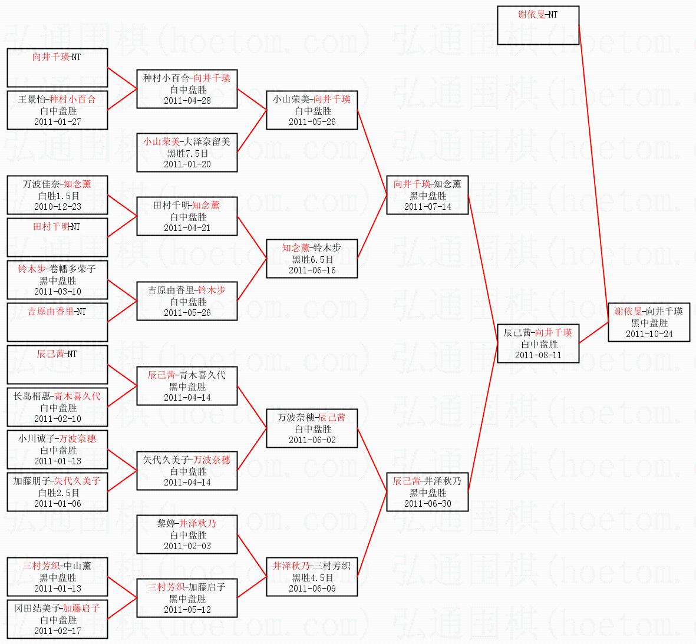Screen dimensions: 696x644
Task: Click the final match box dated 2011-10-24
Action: pyautogui.click(x=649, y=322)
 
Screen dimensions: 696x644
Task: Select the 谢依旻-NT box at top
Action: pyautogui.click(x=538, y=25)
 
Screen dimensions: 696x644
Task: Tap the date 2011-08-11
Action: pyautogui.click(x=538, y=355)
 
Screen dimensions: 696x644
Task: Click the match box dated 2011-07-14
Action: pyautogui.click(x=427, y=195)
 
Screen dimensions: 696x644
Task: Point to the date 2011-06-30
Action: pyautogui.click(x=427, y=504)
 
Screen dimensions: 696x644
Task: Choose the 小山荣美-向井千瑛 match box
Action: pyautogui.click(x=312, y=110)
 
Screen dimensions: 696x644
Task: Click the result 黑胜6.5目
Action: pyautogui.click(x=312, y=259)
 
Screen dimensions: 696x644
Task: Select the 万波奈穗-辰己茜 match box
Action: pyautogui.click(x=312, y=428)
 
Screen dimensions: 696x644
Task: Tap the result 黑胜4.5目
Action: pyautogui.click(x=312, y=577)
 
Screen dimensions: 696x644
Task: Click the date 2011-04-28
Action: pyautogui.click(x=187, y=101)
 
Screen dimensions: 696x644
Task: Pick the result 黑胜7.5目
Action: pyautogui.click(x=187, y=153)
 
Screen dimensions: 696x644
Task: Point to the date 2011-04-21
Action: pyautogui.click(x=187, y=228)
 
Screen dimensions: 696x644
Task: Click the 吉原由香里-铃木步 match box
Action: pyautogui.click(x=187, y=301)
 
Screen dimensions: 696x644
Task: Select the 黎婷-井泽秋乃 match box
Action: pyautogui.click(x=187, y=534)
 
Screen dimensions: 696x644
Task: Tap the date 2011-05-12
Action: pyautogui.click(x=187, y=610)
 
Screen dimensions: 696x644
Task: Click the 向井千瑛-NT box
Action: pyautogui.click(x=57, y=68)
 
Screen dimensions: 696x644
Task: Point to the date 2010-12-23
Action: pyautogui.click(x=57, y=207)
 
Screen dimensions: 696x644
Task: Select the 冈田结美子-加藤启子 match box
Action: pyautogui.click(x=57, y=619)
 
